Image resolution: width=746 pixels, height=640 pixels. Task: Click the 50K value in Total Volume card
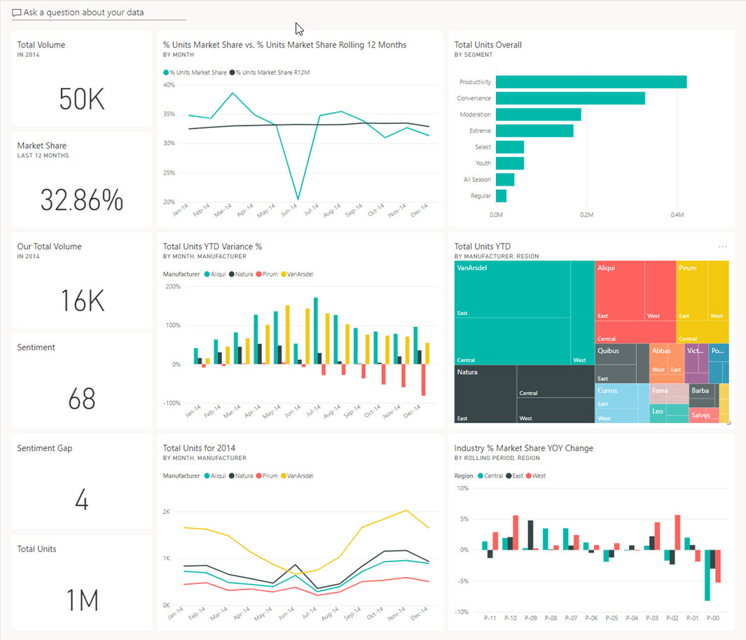tap(82, 99)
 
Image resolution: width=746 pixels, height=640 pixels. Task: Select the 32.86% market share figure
tap(82, 200)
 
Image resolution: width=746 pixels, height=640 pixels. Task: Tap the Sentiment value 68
tap(82, 399)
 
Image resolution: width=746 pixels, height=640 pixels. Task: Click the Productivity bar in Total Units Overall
tap(590, 82)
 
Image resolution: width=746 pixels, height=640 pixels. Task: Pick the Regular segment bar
tap(501, 196)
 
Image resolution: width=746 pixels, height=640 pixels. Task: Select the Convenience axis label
tap(474, 99)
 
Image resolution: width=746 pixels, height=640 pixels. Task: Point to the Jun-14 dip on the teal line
tap(298, 199)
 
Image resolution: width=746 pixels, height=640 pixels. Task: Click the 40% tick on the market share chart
tap(169, 85)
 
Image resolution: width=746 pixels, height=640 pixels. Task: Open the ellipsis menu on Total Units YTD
tap(723, 247)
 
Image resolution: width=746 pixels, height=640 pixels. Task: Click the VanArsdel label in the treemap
tap(472, 267)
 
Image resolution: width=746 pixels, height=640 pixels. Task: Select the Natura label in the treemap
tap(467, 372)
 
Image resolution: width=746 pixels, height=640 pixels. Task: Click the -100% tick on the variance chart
tap(172, 403)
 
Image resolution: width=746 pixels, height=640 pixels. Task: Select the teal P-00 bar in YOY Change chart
tap(707, 575)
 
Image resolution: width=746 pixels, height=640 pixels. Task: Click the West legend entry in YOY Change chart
tap(538, 475)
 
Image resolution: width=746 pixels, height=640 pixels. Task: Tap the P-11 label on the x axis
tap(491, 618)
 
